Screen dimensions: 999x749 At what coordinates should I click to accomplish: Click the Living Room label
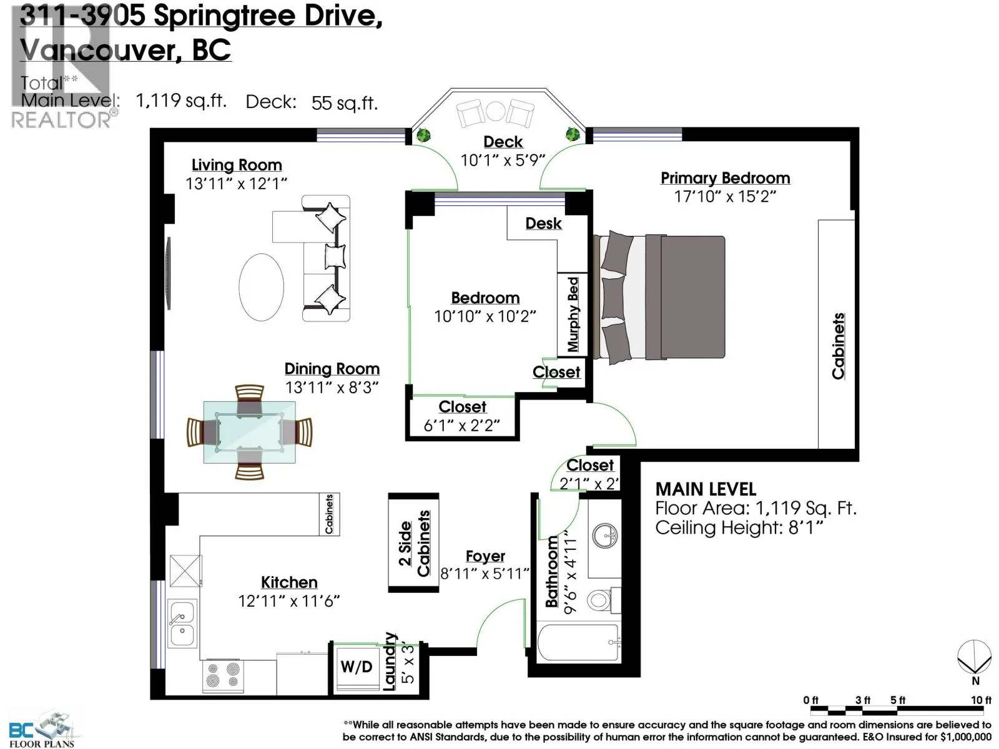pos(236,165)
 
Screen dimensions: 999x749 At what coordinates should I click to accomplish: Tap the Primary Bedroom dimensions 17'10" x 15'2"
pos(724,197)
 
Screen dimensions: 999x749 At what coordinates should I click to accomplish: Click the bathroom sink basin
pos(605,536)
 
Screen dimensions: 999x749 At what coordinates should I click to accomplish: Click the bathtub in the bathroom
pos(578,642)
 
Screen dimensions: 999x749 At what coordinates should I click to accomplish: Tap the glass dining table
pos(249,432)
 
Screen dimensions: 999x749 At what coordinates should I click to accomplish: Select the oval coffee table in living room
pos(261,287)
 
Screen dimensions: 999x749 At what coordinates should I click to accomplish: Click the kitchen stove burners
pos(223,676)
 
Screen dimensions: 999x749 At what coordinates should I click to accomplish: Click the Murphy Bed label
pos(573,314)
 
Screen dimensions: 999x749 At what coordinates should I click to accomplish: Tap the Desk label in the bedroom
pos(543,223)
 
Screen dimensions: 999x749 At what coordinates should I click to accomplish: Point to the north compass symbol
pos(975,657)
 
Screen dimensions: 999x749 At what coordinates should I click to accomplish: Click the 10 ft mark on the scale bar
pos(981,700)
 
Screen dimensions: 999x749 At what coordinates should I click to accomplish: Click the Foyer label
pos(485,556)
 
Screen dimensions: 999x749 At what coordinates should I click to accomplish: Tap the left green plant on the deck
pos(423,135)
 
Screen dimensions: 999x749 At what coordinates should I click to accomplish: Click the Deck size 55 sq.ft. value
pos(345,103)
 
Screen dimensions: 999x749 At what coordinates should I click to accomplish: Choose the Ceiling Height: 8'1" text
pos(739,528)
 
